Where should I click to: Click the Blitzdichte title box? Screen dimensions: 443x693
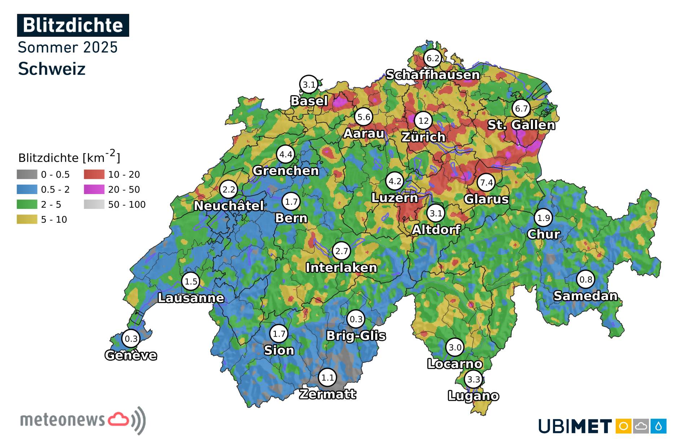pyautogui.click(x=73, y=25)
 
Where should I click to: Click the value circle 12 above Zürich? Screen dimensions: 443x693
pyautogui.click(x=423, y=120)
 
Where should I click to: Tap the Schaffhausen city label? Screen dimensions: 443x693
pyautogui.click(x=432, y=75)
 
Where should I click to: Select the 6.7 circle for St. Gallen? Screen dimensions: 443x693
pyautogui.click(x=521, y=108)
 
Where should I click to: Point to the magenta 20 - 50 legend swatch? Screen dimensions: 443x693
pyautogui.click(x=94, y=189)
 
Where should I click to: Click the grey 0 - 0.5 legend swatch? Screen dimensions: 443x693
pyautogui.click(x=27, y=175)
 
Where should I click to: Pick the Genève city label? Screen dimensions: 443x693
pyautogui.click(x=131, y=355)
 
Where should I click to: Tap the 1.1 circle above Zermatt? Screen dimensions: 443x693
pyautogui.click(x=327, y=378)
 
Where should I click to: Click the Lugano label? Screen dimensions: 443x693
pyautogui.click(x=473, y=396)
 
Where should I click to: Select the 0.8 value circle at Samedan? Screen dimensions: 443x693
pyautogui.click(x=585, y=279)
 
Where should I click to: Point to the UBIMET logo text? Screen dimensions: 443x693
pyautogui.click(x=575, y=426)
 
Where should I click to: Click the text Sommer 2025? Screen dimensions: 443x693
pyautogui.click(x=67, y=47)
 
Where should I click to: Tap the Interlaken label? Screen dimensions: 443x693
pyautogui.click(x=341, y=268)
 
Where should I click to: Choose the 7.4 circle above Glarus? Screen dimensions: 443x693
pyautogui.click(x=486, y=183)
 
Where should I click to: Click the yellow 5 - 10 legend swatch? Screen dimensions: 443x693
pyautogui.click(x=27, y=219)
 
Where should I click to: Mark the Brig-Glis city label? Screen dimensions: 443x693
pyautogui.click(x=356, y=336)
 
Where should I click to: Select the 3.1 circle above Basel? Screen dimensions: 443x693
pyautogui.click(x=309, y=85)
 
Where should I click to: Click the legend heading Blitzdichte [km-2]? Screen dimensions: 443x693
pyautogui.click(x=69, y=157)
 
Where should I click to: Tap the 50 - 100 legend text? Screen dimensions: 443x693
pyautogui.click(x=127, y=205)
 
